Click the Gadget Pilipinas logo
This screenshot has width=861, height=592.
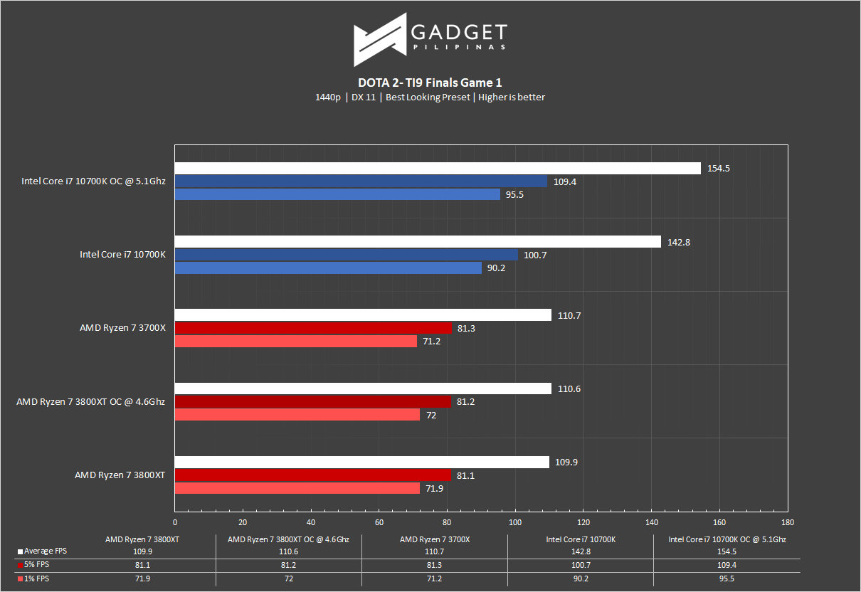pyautogui.click(x=431, y=39)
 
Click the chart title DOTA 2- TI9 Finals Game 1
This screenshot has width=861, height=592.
pyautogui.click(x=431, y=83)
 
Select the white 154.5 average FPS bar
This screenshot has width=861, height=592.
pyautogui.click(x=438, y=168)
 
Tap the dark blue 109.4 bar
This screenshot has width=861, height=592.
pyautogui.click(x=361, y=181)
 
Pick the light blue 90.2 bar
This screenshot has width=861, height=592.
pyautogui.click(x=328, y=268)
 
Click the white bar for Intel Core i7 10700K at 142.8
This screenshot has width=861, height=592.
pyautogui.click(x=418, y=242)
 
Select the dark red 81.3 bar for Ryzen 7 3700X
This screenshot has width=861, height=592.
pyautogui.click(x=313, y=328)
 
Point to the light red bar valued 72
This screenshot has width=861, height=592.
pyautogui.click(x=297, y=415)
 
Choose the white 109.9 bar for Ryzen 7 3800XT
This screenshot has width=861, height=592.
pyautogui.click(x=361, y=462)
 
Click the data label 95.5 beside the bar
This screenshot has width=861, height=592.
pyautogui.click(x=513, y=195)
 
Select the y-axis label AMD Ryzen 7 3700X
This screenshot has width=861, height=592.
pyautogui.click(x=122, y=328)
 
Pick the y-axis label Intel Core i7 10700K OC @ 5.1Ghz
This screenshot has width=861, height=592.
pyautogui.click(x=93, y=181)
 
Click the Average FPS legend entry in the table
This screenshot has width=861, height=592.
pyautogui.click(x=45, y=551)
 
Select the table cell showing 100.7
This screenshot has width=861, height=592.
pyautogui.click(x=581, y=566)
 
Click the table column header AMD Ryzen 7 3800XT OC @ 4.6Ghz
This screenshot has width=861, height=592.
pyautogui.click(x=289, y=539)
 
